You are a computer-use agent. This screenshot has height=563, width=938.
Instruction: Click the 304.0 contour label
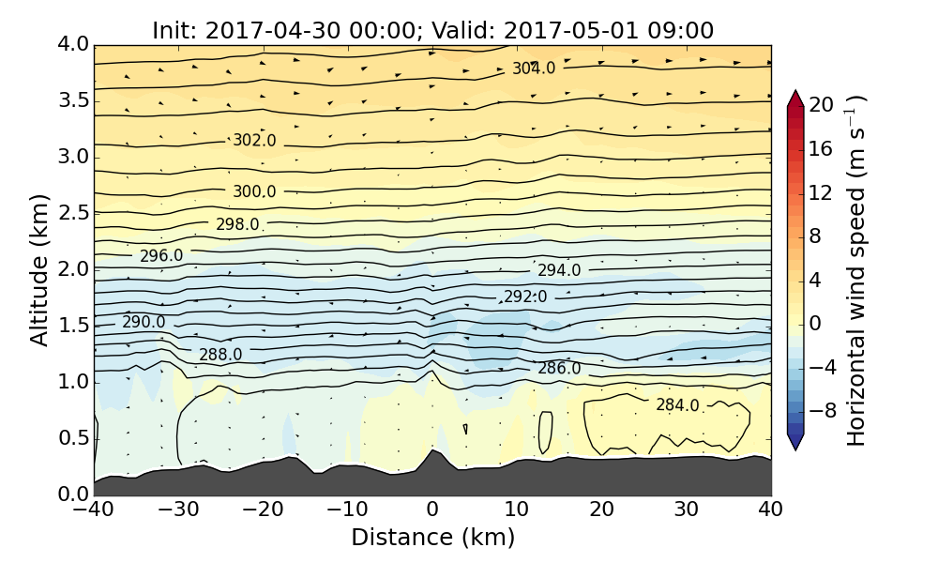coord(534,68)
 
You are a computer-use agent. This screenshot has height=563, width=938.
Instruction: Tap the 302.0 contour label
coord(254,141)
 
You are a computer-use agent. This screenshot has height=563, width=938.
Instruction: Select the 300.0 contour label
coord(254,191)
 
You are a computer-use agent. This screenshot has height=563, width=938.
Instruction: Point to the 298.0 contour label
coord(237,224)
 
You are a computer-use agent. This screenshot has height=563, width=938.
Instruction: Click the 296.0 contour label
coord(161,256)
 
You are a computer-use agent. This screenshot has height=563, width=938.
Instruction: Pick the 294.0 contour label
coord(559,270)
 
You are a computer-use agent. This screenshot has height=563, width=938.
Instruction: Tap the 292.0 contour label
coord(525,297)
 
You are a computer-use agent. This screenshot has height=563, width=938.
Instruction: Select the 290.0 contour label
coord(144,322)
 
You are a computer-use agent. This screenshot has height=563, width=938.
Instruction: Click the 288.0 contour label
coord(220,355)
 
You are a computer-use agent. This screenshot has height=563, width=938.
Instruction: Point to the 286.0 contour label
coord(559,369)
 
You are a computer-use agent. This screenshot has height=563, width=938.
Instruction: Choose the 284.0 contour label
coord(677,405)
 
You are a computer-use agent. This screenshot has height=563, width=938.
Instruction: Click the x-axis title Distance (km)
coord(432,538)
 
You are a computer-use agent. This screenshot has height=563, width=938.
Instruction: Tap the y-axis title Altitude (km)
coord(39,269)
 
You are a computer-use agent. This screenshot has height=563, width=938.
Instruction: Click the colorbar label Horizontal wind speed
coord(855,270)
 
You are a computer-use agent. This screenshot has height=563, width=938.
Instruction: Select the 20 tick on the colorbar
coord(822,105)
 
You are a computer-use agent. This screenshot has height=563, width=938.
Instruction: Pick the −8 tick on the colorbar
coord(823,409)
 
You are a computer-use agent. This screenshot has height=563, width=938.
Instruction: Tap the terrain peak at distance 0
coord(431,451)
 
